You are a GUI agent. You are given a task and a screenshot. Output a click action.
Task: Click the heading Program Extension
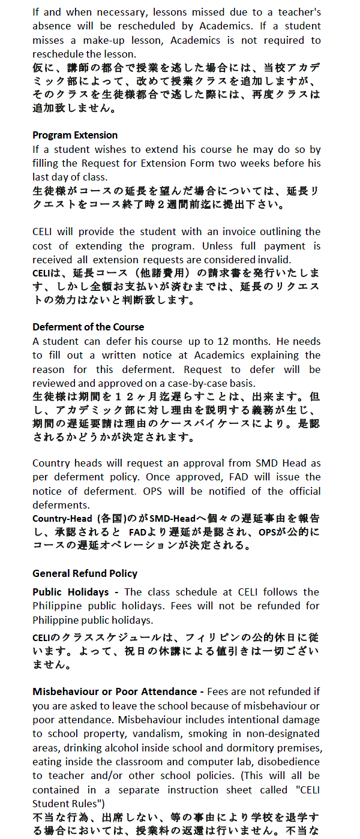75,135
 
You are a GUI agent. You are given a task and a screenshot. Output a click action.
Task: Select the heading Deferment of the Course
88,327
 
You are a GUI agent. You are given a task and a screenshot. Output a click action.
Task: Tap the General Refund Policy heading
85,573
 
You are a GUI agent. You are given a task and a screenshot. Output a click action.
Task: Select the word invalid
274,260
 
